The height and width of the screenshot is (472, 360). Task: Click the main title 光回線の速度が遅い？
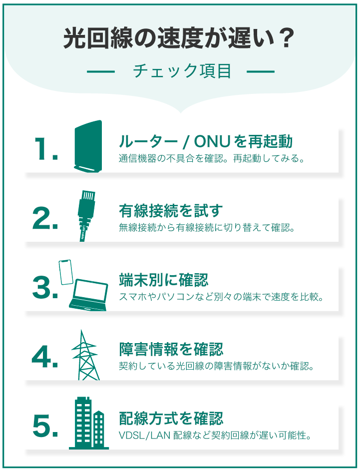coord(180,38)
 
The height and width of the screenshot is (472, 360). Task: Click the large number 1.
coord(46,148)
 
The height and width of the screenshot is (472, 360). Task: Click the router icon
coord(88,147)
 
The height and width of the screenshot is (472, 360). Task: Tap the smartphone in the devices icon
coord(65,272)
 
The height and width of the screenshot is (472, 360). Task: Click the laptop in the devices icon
coord(89,296)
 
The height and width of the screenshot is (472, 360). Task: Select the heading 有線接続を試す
coord(170,211)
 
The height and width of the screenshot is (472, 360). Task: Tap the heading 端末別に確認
coord(163,280)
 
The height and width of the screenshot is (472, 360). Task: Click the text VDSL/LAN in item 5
coord(144,436)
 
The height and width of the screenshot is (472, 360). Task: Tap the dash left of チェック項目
coord(101,71)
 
